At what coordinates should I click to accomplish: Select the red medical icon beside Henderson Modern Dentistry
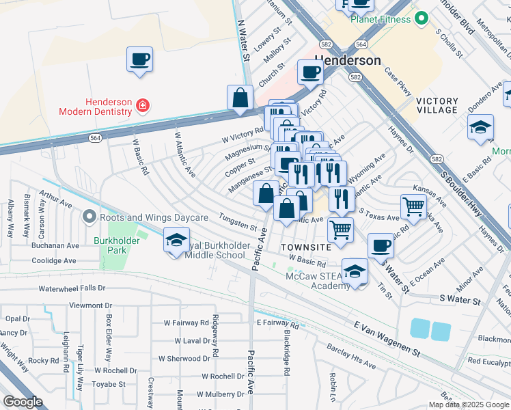(x=142, y=105)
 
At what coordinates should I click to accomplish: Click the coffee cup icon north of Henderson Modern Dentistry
(x=140, y=59)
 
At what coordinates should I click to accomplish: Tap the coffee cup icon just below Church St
(x=310, y=72)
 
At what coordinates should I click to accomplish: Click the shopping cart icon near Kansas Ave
(x=413, y=206)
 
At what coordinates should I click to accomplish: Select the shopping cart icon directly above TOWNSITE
(x=340, y=229)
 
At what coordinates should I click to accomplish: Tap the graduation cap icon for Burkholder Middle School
(x=176, y=240)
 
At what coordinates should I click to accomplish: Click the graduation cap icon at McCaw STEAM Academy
(x=355, y=271)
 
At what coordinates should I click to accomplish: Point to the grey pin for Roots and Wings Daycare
(x=88, y=217)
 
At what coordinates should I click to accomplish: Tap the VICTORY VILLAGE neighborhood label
(x=437, y=105)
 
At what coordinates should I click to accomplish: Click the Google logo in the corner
(x=23, y=401)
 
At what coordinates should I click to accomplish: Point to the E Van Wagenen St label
(x=387, y=339)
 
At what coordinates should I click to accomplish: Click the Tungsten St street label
(x=237, y=222)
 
